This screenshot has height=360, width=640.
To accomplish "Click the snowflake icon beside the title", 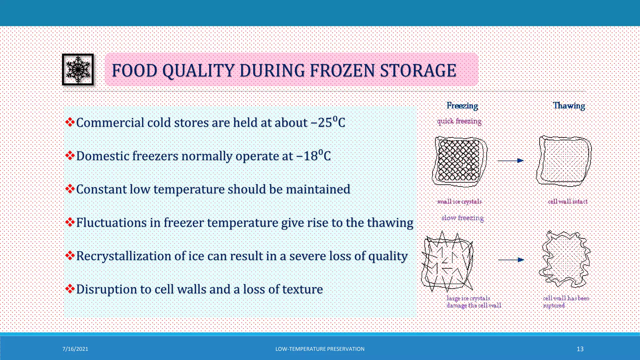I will tap(78, 69).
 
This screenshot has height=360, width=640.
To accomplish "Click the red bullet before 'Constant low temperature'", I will tap(70, 189).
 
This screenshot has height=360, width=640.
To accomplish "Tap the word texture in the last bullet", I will tap(302, 289).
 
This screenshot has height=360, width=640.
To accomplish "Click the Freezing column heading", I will tap(462, 106).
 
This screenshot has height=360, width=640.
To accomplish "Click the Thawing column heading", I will tap(569, 106).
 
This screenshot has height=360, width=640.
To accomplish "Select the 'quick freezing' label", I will tap(459, 121).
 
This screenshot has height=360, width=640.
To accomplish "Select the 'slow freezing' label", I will tap(462, 218).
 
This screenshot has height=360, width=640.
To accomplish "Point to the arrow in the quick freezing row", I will tap(510, 161).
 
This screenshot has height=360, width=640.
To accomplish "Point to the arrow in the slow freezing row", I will tap(511, 260).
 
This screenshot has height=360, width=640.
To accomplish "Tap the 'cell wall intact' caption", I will tap(567, 202).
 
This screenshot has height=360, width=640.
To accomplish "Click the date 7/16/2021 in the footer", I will tap(75, 349).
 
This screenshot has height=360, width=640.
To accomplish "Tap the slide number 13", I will tap(580, 349).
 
